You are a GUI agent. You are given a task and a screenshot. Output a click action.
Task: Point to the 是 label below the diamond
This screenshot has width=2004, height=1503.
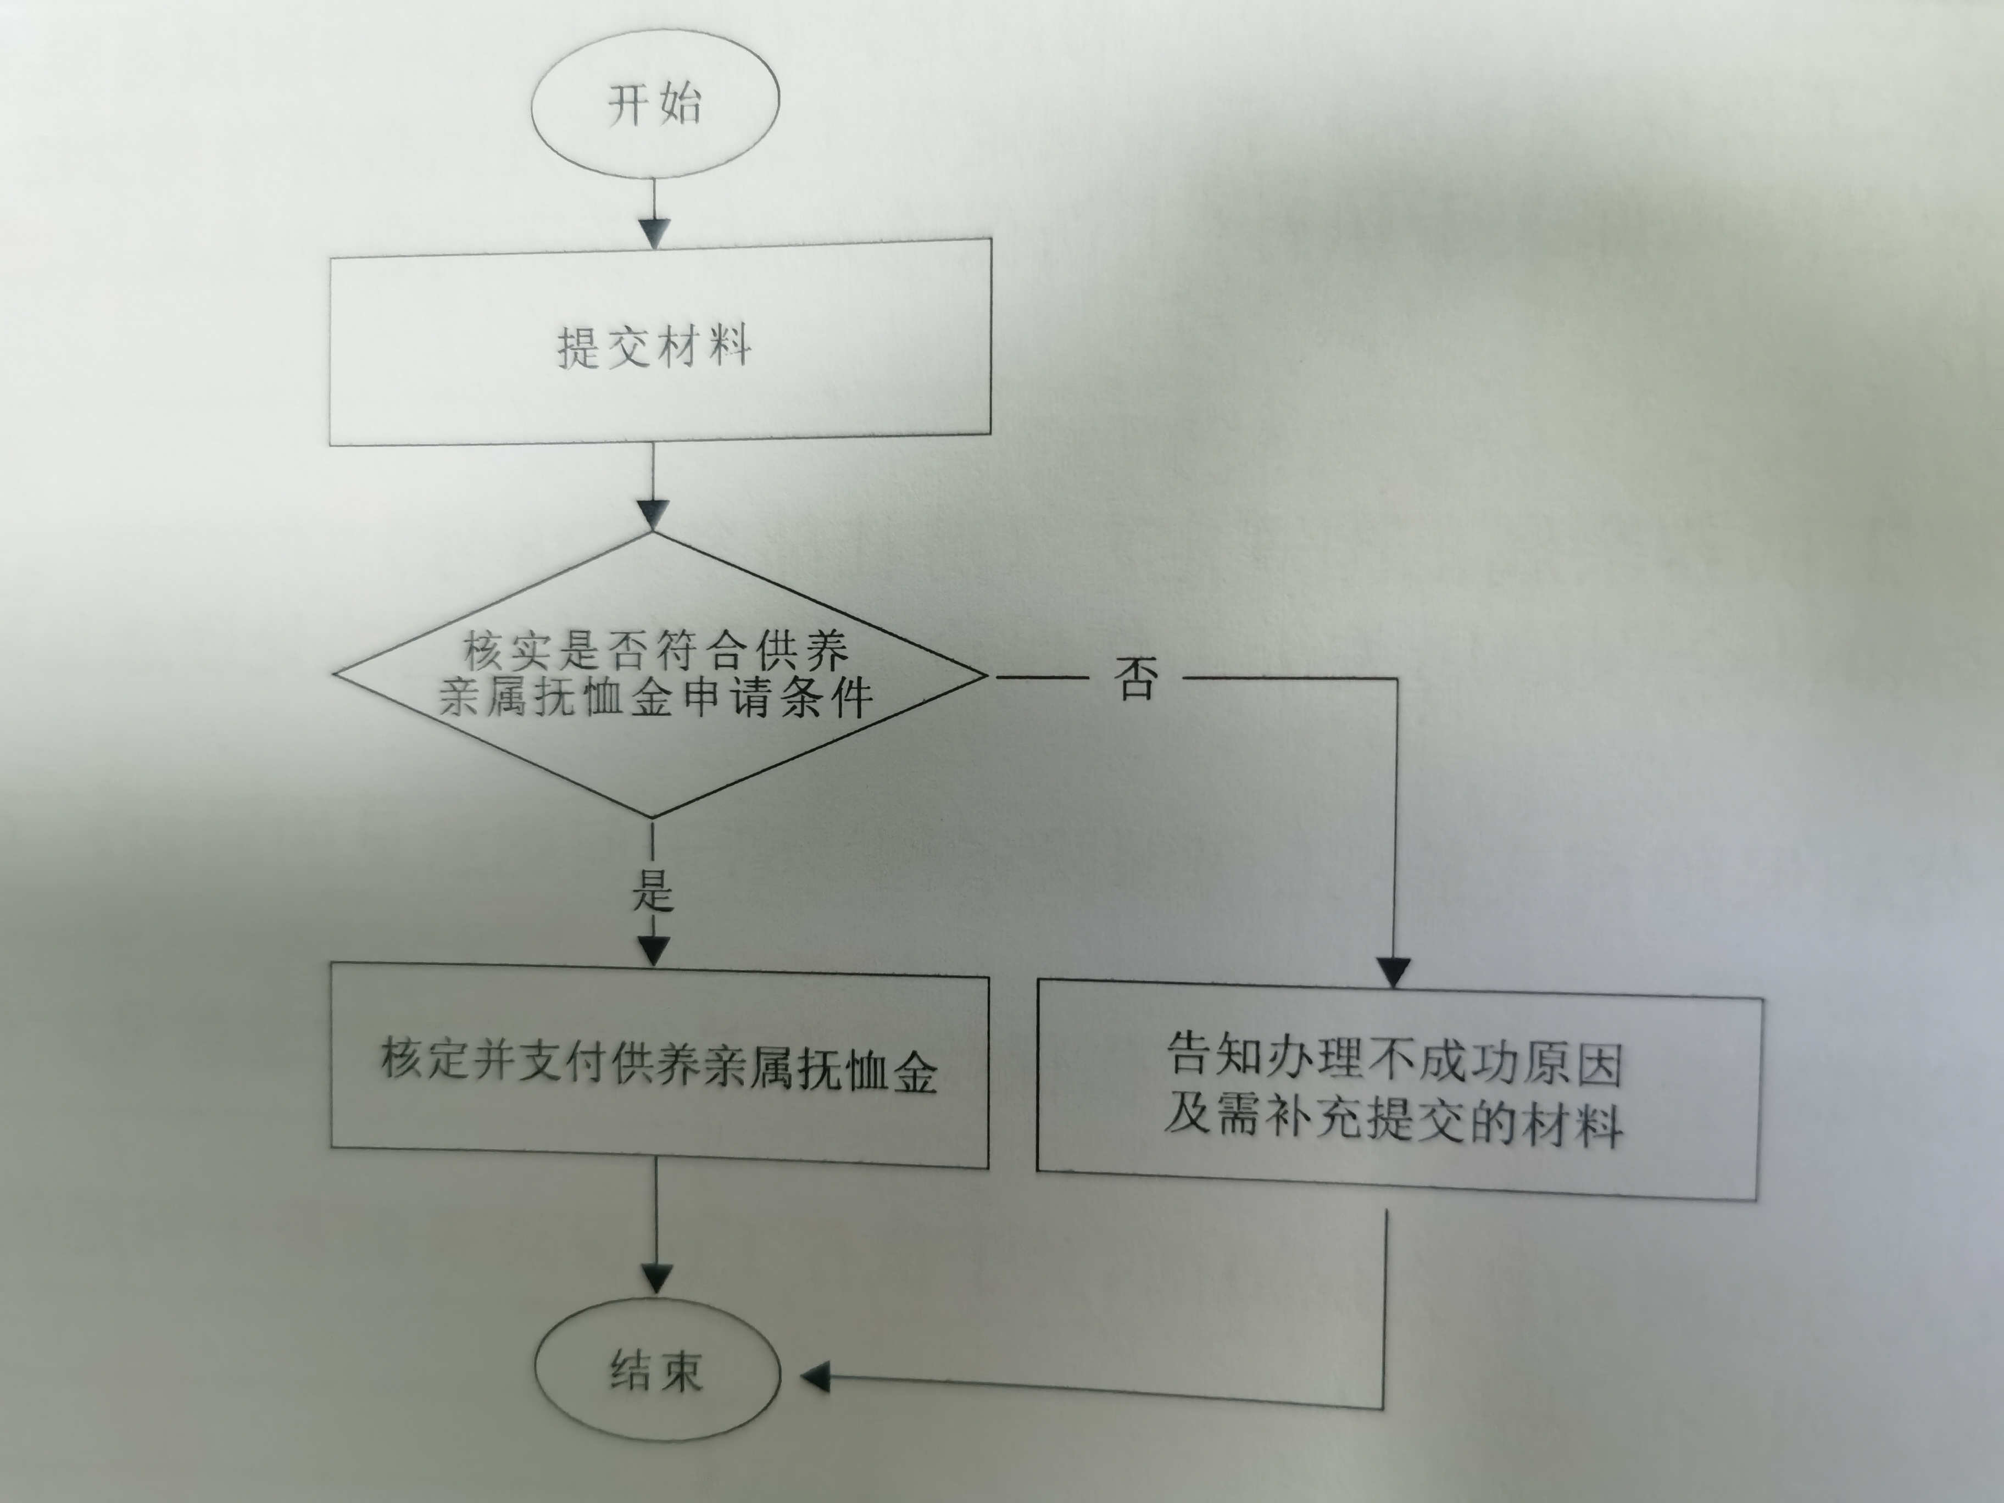[x=652, y=890]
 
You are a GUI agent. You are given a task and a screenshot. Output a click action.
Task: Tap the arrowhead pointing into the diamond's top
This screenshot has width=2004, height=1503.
[x=653, y=515]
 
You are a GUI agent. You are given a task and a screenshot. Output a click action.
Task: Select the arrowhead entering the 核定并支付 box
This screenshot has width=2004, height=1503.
[x=653, y=949]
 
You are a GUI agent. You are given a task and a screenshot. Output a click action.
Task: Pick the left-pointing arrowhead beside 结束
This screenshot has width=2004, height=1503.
[x=816, y=1379]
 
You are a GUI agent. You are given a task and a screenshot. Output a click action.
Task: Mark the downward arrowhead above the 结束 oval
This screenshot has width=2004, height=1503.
[x=656, y=1277]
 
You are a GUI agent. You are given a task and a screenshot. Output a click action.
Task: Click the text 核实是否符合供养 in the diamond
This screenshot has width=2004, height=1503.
[x=656, y=649]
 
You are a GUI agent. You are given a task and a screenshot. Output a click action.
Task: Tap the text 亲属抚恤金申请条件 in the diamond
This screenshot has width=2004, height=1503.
[x=656, y=699]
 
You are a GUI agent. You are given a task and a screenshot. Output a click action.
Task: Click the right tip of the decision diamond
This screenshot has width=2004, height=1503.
[x=984, y=675]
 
